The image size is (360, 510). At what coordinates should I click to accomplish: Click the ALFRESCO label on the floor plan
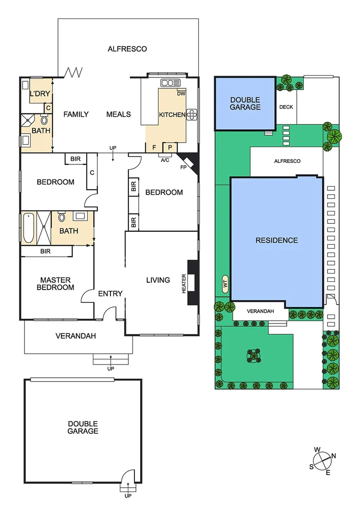(127, 49)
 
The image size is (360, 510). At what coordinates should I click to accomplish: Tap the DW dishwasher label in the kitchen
(181, 93)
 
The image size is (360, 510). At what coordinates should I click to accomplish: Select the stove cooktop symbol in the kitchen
(192, 114)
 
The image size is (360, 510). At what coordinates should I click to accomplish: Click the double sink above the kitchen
(167, 83)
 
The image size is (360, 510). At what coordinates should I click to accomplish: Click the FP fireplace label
(183, 167)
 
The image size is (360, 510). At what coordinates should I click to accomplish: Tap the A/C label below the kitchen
(165, 160)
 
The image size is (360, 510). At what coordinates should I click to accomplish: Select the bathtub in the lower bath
(29, 228)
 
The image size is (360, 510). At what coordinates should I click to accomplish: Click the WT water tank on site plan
(225, 284)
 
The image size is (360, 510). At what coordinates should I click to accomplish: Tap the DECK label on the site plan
(286, 107)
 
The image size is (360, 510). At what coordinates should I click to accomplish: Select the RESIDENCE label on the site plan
(276, 240)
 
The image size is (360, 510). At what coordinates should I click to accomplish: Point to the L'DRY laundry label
(40, 94)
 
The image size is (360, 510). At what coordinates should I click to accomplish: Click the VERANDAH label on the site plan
(260, 311)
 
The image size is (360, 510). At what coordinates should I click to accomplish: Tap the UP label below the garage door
(128, 495)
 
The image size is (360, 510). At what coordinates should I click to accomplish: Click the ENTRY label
(110, 294)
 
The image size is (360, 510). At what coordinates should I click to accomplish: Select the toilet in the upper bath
(44, 120)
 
